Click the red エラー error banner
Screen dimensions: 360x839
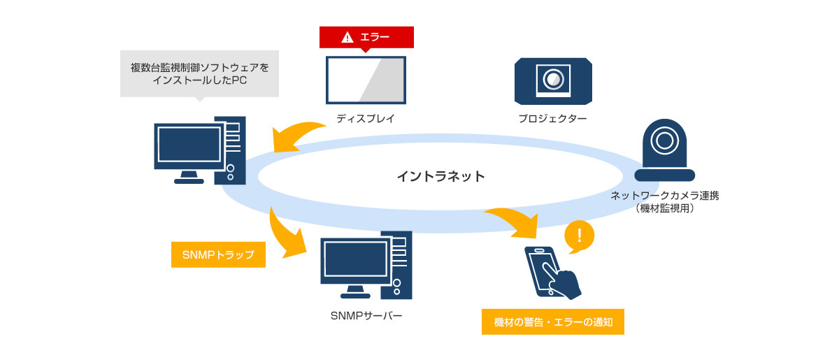[x=366, y=38]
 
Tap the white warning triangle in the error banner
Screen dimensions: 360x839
[x=347, y=38]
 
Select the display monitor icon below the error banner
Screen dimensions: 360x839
[x=366, y=80]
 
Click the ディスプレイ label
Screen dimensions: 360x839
[x=366, y=119]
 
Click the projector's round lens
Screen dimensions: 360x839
[x=553, y=78]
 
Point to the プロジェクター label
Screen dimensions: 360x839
[x=552, y=119]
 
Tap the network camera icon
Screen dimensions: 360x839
[x=664, y=150]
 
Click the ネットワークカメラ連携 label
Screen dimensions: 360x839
[x=664, y=196]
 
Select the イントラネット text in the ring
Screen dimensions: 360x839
[x=440, y=176]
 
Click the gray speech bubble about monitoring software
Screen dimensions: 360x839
[x=199, y=73]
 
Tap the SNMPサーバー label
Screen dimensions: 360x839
[x=366, y=316]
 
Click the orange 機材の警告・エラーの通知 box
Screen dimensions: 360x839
[x=552, y=322]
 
